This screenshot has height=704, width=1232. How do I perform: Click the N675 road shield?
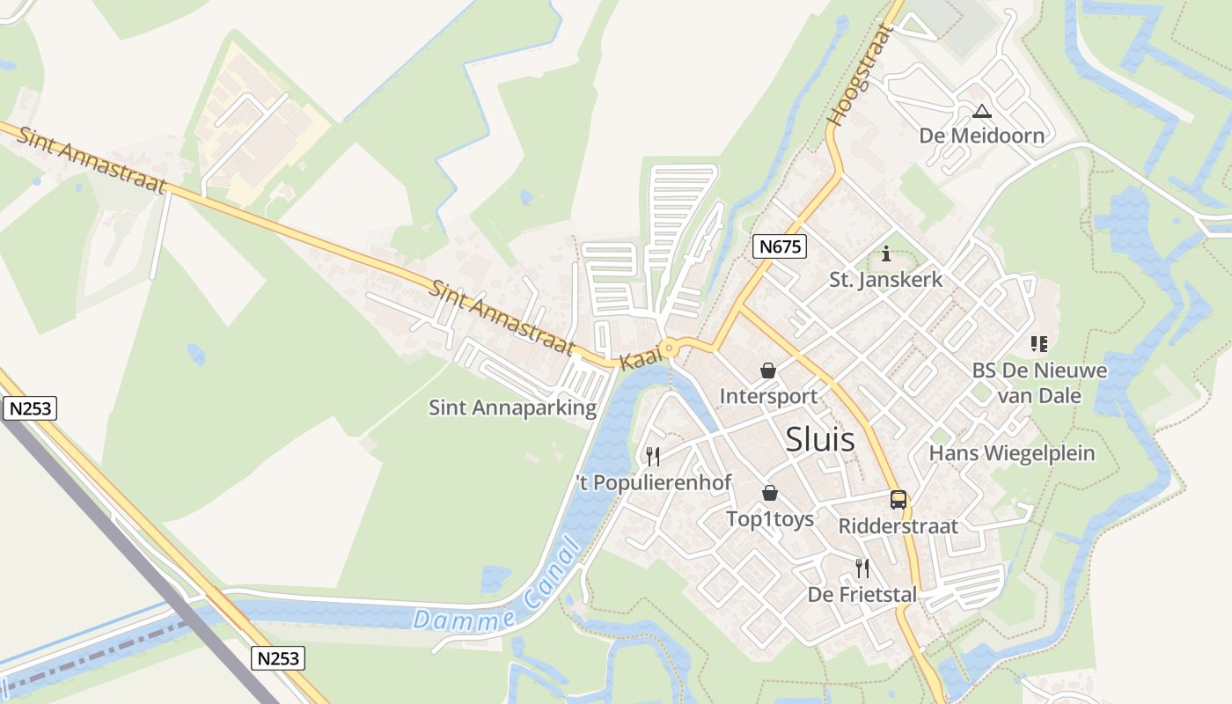click(781, 246)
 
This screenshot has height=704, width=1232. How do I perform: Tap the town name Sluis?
click(819, 438)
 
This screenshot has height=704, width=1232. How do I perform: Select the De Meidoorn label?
click(981, 136)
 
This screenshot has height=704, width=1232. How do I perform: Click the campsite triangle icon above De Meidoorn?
click(982, 111)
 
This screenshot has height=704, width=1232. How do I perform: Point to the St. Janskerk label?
click(885, 280)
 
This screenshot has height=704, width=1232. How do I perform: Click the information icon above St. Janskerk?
click(886, 254)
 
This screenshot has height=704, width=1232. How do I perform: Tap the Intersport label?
click(768, 396)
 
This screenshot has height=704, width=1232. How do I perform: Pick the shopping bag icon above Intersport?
click(768, 370)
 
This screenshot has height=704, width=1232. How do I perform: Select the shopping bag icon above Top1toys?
click(770, 493)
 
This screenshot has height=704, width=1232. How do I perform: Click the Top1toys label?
click(770, 519)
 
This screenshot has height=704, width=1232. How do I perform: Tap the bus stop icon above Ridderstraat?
click(898, 500)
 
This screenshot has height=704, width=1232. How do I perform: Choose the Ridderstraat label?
click(898, 526)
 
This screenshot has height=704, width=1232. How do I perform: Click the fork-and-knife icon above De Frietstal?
click(862, 568)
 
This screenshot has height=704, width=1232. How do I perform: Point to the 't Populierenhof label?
click(653, 482)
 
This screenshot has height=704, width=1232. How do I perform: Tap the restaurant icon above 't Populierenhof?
click(653, 456)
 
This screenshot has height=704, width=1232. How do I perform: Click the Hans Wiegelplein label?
click(1012, 453)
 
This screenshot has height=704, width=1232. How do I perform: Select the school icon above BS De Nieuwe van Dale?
click(1039, 344)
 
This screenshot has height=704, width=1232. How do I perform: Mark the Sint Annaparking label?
click(512, 407)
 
